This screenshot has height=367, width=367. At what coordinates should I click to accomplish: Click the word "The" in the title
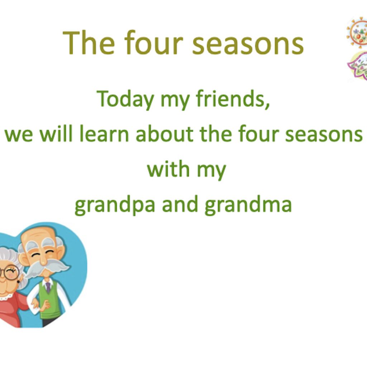[x=89, y=43]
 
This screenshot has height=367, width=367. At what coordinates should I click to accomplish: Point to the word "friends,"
[x=233, y=99]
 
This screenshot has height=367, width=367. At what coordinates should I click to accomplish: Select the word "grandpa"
[x=115, y=205]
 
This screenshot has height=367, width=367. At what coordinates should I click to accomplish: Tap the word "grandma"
[x=248, y=205]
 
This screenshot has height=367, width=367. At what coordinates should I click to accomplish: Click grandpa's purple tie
[x=48, y=287]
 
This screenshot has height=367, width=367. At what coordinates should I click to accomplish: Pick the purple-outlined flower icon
[x=358, y=66]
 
